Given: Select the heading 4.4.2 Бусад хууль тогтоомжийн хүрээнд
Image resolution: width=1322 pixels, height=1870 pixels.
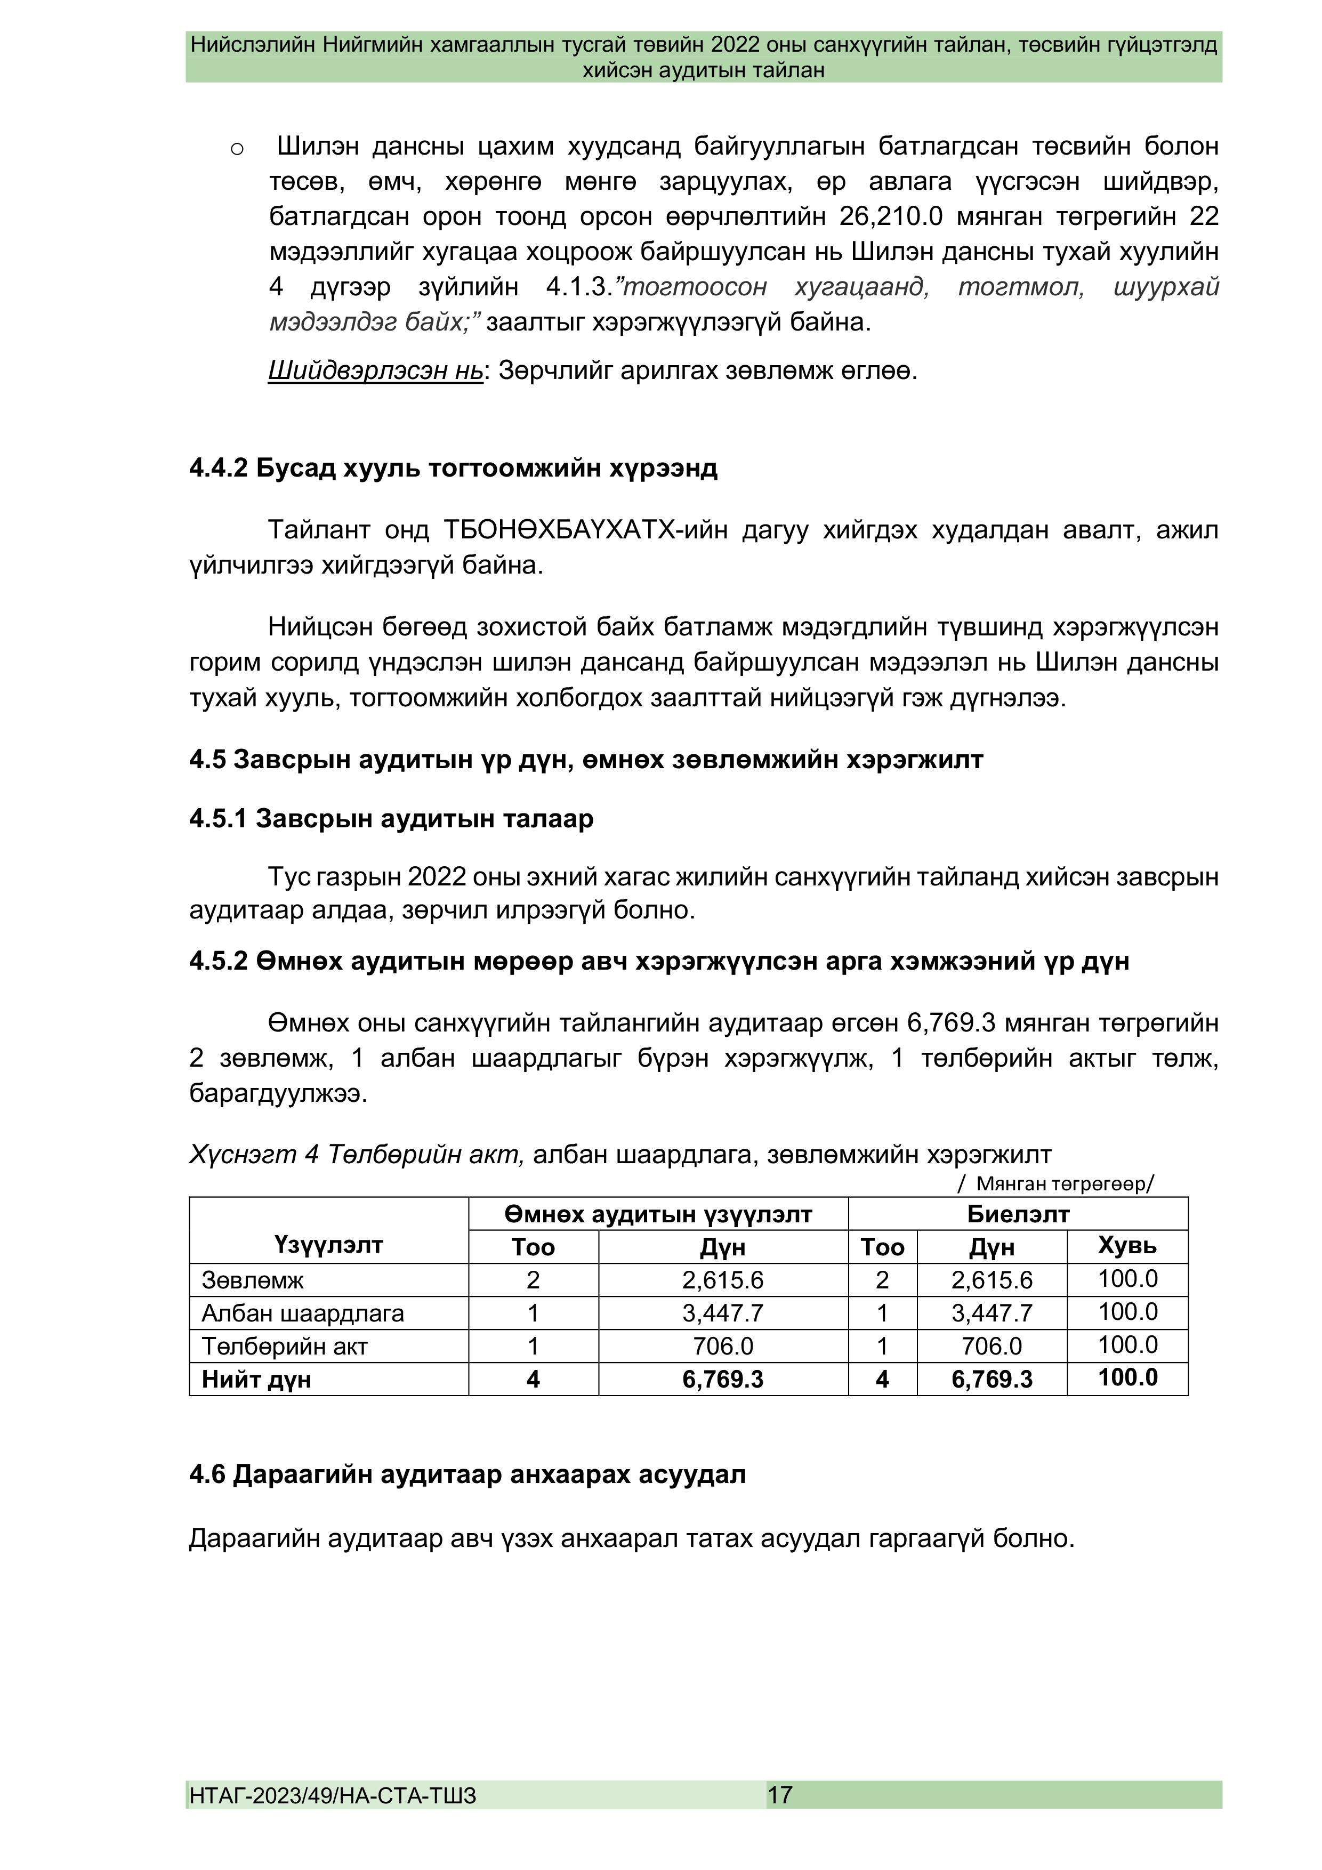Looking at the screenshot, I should [x=453, y=469].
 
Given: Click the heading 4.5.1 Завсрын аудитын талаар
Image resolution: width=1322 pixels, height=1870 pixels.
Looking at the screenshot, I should [x=391, y=819].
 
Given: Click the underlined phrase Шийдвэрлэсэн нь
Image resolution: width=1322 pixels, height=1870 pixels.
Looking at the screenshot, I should [x=375, y=372].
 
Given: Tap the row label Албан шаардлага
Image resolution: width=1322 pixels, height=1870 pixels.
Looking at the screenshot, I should [x=302, y=1313].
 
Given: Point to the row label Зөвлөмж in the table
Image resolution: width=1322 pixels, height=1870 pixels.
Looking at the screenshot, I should [x=253, y=1280].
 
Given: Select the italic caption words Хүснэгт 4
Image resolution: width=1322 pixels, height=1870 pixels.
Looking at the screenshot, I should [x=254, y=1155].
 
